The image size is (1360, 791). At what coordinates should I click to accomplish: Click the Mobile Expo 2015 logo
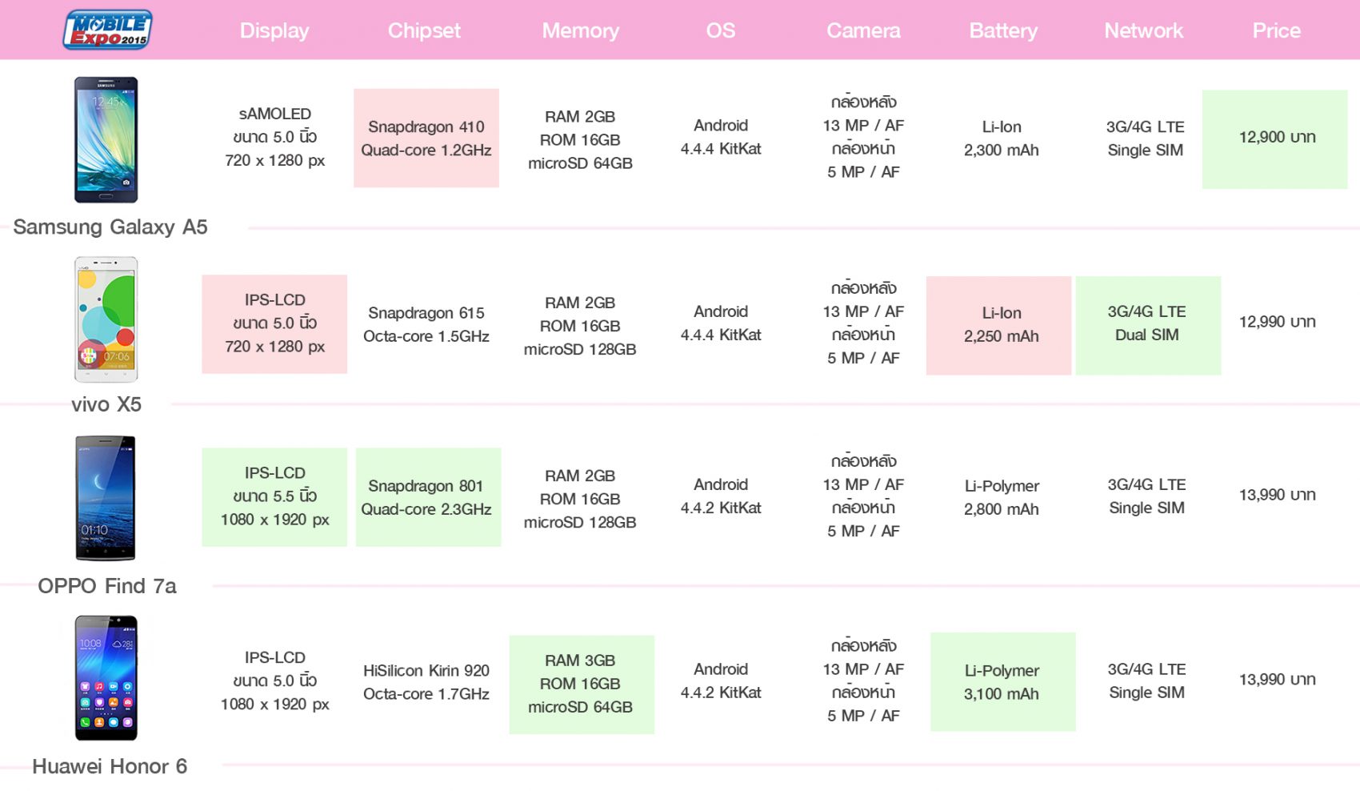click(x=107, y=29)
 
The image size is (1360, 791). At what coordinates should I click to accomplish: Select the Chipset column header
click(x=424, y=30)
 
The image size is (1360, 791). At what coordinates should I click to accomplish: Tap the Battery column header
click(x=1003, y=30)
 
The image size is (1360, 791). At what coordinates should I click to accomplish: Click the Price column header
click(x=1276, y=30)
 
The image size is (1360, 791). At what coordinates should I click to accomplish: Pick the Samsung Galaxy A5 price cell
click(x=1275, y=139)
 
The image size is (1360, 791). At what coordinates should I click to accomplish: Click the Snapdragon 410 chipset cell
click(x=426, y=138)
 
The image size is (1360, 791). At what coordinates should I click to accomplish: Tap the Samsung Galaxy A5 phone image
click(x=106, y=140)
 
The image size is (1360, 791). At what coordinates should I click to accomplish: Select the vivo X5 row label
click(x=106, y=404)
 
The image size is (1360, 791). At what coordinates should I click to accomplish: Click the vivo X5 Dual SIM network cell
click(x=1148, y=326)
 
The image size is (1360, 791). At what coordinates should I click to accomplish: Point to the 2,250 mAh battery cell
click(x=998, y=326)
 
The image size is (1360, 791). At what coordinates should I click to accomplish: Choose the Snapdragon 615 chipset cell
click(x=426, y=324)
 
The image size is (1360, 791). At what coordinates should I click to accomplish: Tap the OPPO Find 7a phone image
click(x=106, y=498)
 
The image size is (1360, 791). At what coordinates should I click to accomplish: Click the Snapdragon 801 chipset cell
click(x=429, y=497)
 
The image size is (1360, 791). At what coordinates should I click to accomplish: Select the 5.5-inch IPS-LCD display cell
click(x=274, y=497)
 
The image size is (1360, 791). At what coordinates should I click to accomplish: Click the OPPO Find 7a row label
click(x=107, y=586)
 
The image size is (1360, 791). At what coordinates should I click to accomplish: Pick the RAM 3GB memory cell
click(x=582, y=685)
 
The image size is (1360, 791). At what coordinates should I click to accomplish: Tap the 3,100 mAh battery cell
click(x=1003, y=681)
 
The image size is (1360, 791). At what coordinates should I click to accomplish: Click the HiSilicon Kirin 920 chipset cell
click(x=426, y=681)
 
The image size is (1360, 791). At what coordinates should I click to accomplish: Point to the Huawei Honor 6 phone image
click(x=106, y=678)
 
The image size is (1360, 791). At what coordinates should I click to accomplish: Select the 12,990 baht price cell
click(x=1278, y=321)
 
